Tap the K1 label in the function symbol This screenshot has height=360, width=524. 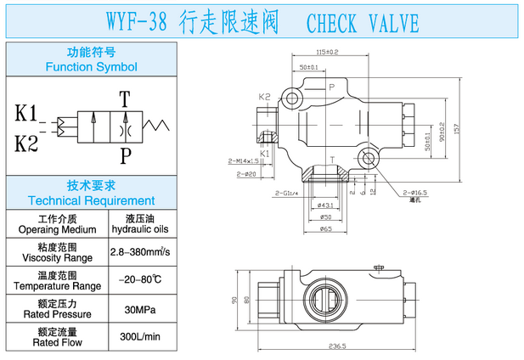(x=26, y=112)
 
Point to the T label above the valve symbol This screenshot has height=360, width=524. (x=125, y=98)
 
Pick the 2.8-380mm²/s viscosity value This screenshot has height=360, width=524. (x=140, y=252)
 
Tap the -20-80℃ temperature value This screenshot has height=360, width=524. (x=140, y=280)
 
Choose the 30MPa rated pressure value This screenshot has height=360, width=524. (x=140, y=308)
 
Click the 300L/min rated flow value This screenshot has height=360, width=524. (x=140, y=337)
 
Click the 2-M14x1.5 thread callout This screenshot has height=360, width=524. (x=243, y=160)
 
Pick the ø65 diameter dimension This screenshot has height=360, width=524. (x=325, y=229)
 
